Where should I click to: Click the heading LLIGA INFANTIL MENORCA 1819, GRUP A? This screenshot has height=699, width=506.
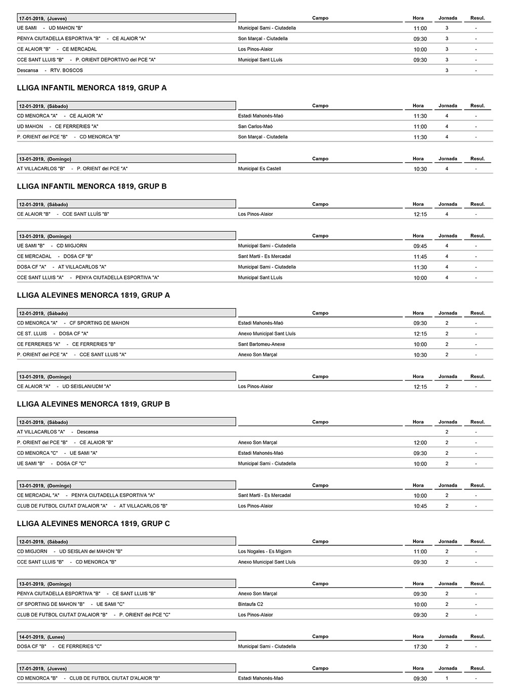coord(92,88)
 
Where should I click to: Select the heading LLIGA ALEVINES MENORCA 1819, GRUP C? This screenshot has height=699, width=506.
coord(93,524)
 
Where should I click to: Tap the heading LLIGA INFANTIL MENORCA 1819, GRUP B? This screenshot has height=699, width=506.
coord(92,187)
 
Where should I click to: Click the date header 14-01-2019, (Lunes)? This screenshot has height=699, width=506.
coord(42,637)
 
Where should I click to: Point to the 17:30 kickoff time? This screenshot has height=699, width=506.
coord(420,647)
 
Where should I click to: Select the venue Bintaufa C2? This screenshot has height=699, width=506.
coord(250,604)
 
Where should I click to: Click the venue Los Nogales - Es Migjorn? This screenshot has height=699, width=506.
coord(265,551)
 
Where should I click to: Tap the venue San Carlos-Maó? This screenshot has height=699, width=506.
coord(255,126)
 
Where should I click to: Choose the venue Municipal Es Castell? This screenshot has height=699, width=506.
coord(259,169)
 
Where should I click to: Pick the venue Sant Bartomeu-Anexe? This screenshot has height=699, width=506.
coord(261,344)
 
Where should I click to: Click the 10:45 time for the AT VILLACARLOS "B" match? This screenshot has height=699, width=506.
coord(420,506)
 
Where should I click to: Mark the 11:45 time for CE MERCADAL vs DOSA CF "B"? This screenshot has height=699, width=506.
coord(420,257)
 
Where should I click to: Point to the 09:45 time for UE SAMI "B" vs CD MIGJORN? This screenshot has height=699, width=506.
coord(420,246)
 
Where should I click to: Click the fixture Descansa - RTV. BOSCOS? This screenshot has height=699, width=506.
coord(50,70)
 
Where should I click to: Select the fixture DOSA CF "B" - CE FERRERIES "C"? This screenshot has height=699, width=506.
coord(59,646)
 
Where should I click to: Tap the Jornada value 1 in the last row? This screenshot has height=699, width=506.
coord(447,678)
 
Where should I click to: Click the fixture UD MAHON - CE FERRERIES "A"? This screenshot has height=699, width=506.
coord(58,126)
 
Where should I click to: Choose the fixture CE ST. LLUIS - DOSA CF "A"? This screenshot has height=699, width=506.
coord(53,334)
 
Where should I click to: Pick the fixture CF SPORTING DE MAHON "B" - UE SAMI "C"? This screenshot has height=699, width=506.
coord(70,604)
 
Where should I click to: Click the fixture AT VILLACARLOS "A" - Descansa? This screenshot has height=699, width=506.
coord(58,432)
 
